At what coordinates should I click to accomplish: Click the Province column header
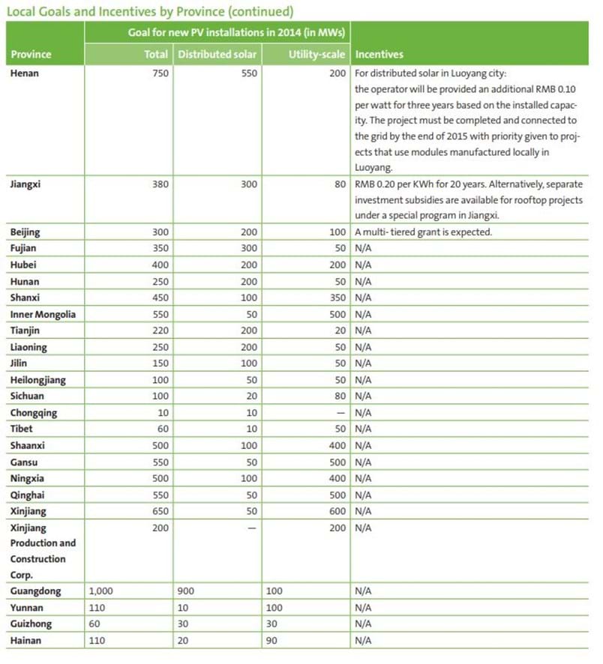click(31, 55)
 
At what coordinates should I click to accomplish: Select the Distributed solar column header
click(217, 55)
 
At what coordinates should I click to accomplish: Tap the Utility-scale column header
click(316, 55)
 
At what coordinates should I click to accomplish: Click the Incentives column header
click(379, 55)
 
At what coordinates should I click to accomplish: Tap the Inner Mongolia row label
click(43, 315)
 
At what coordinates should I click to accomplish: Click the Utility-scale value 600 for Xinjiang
click(337, 510)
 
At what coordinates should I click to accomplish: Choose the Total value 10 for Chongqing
click(162, 412)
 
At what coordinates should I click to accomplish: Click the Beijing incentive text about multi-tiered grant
click(423, 232)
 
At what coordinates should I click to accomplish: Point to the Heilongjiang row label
click(38, 380)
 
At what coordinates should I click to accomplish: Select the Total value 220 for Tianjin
click(158, 331)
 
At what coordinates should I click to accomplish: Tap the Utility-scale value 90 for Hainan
click(272, 640)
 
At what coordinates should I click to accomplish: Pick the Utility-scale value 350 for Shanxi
click(337, 298)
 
